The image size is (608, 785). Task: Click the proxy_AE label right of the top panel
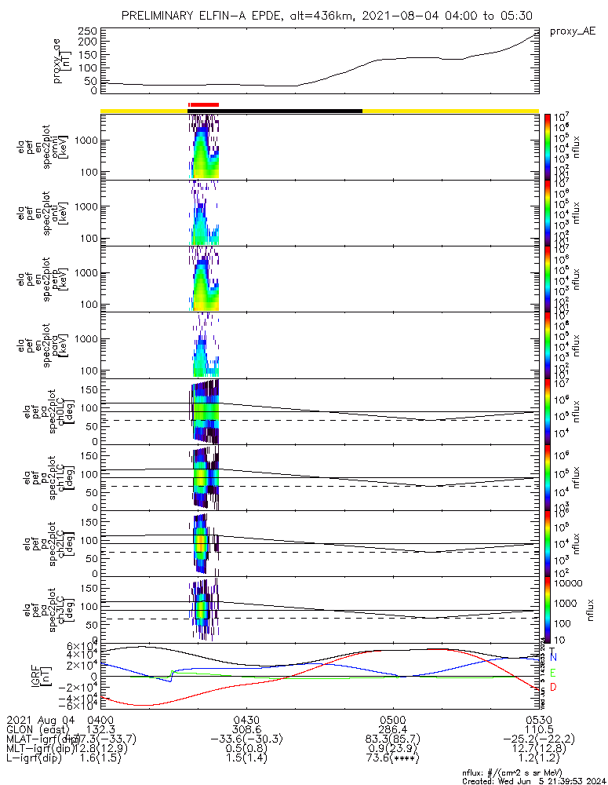point(573,31)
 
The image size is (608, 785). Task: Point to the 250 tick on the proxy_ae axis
point(86,31)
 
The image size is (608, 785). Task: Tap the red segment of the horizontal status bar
point(204,104)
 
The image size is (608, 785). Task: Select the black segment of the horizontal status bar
point(290,111)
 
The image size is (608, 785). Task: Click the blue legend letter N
point(553,656)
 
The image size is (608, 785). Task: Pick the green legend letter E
point(553,673)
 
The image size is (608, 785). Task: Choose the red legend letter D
point(553,688)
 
